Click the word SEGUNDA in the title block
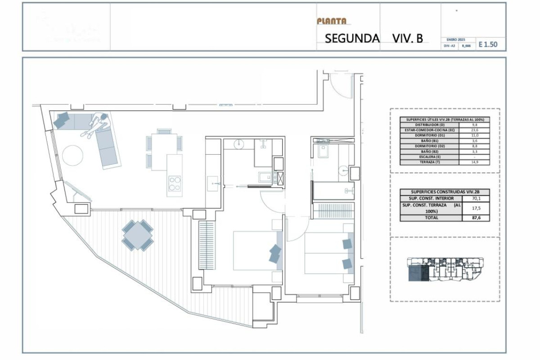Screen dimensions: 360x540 click(352, 38)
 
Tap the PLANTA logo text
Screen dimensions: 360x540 click(332, 21)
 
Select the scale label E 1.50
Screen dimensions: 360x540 click(488, 45)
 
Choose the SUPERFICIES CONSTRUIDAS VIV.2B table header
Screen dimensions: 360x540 click(445, 192)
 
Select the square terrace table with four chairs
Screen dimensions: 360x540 click(137, 235)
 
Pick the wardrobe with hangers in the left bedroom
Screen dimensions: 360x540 click(208, 245)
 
